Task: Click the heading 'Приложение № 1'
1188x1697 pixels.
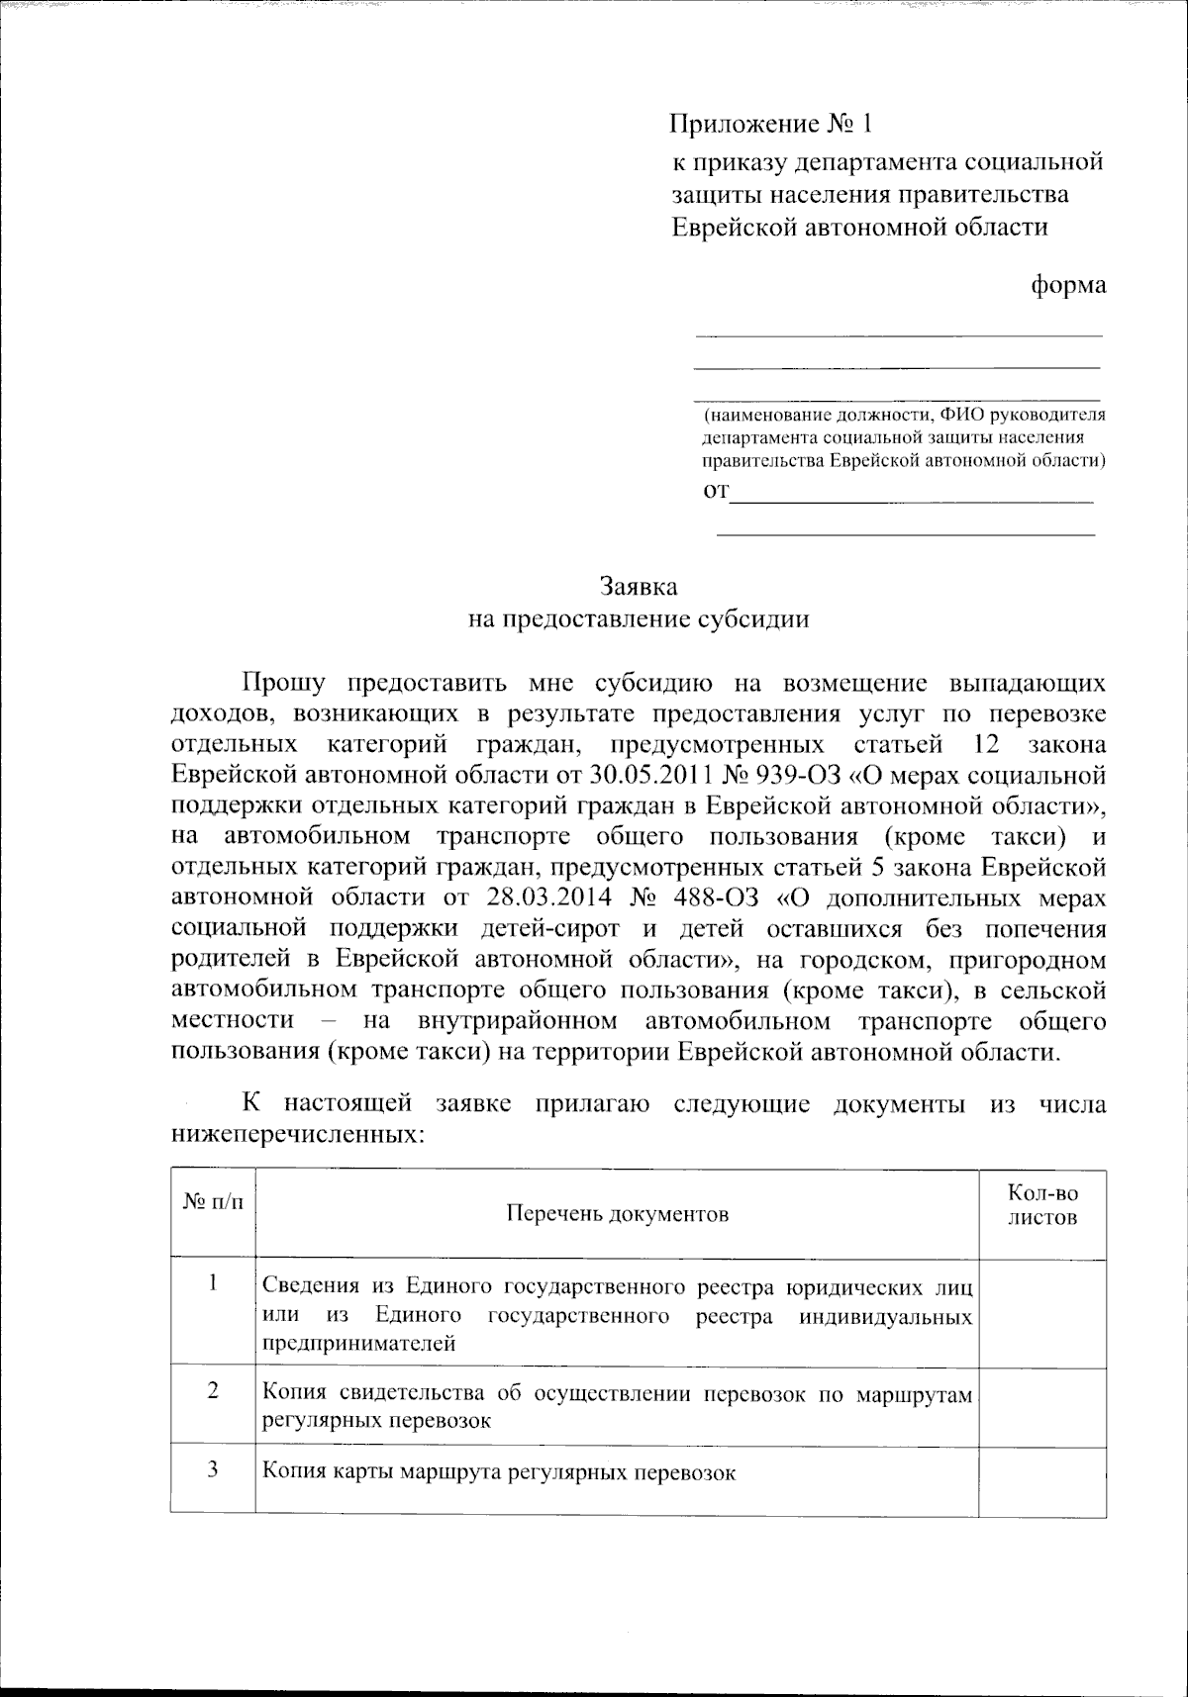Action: coord(772,125)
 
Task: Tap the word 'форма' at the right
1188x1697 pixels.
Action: coord(1068,285)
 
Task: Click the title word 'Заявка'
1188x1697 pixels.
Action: coord(639,587)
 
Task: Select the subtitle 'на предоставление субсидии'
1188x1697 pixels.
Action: coord(639,619)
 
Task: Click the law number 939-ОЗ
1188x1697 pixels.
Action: coord(799,775)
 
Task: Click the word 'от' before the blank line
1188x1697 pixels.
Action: coord(715,492)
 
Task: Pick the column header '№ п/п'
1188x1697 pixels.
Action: coord(213,1202)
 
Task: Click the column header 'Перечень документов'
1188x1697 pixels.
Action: coord(618,1214)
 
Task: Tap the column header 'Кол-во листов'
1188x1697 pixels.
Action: coord(1042,1205)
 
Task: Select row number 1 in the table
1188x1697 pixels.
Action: coord(213,1283)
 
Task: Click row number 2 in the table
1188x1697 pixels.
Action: coord(213,1390)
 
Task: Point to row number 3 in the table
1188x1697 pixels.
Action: coord(213,1468)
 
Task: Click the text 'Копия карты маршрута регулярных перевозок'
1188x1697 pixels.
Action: coord(499,1472)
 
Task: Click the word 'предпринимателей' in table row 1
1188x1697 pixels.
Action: coord(358,1344)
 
